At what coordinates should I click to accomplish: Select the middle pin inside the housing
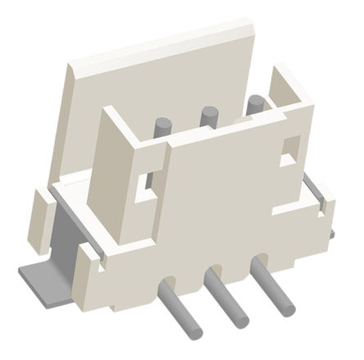(207, 116)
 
